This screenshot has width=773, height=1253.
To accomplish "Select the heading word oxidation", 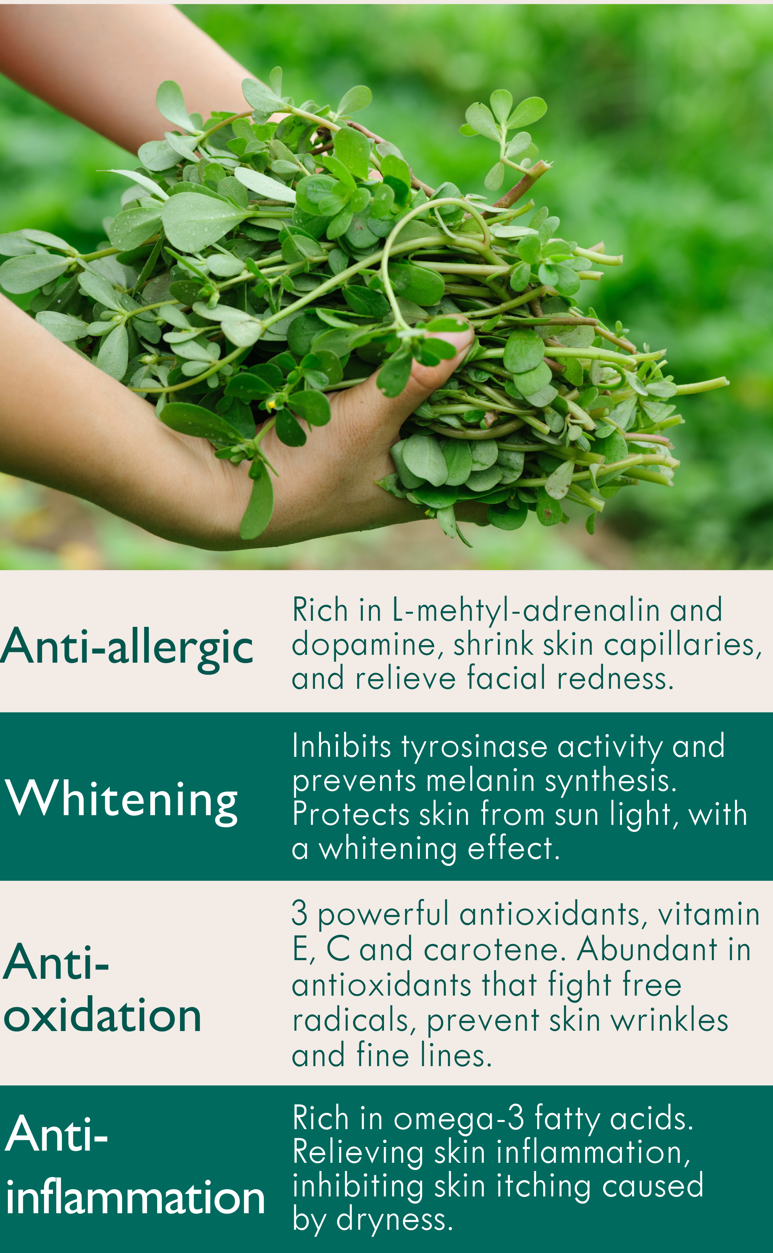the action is point(102,1016).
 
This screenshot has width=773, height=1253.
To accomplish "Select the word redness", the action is point(616,679).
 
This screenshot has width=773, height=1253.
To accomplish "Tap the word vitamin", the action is point(709,914).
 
